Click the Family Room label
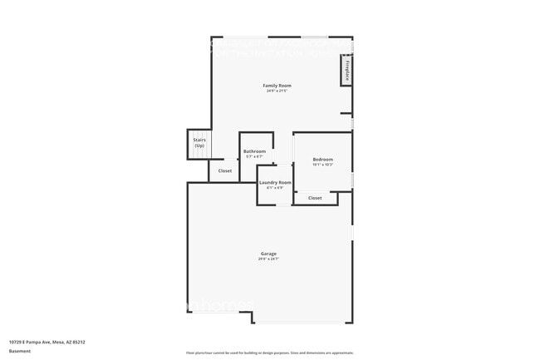pyautogui.click(x=277, y=86)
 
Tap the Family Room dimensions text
pyautogui.click(x=277, y=91)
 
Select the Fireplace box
pyautogui.click(x=346, y=71)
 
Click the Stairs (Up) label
pyautogui.click(x=199, y=143)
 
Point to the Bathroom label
pyautogui.click(x=254, y=151)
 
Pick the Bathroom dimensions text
pyautogui.click(x=254, y=156)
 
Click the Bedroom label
pyautogui.click(x=322, y=159)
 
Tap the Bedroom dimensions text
pyautogui.click(x=322, y=164)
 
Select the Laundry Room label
pyautogui.click(x=275, y=182)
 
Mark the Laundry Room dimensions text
pyautogui.click(x=275, y=187)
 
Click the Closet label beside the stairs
pyautogui.click(x=225, y=170)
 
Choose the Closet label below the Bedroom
pyautogui.click(x=315, y=198)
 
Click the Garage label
pyautogui.click(x=268, y=254)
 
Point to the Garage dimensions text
pyautogui.click(x=268, y=259)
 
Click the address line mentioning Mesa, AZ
pyautogui.click(x=47, y=341)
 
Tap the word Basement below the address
pyautogui.click(x=20, y=351)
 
